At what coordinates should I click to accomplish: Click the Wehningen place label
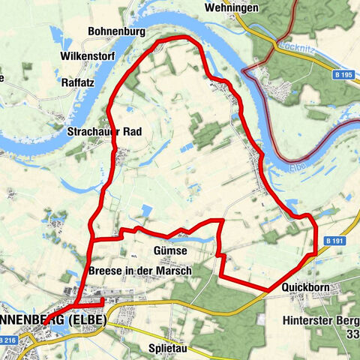230,7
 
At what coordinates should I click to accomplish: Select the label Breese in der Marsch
139,270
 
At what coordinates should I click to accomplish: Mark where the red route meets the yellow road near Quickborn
269,289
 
